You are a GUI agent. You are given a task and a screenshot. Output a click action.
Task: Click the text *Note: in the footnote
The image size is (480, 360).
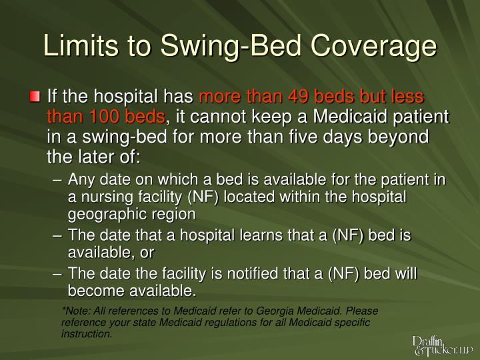[x=77, y=311]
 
